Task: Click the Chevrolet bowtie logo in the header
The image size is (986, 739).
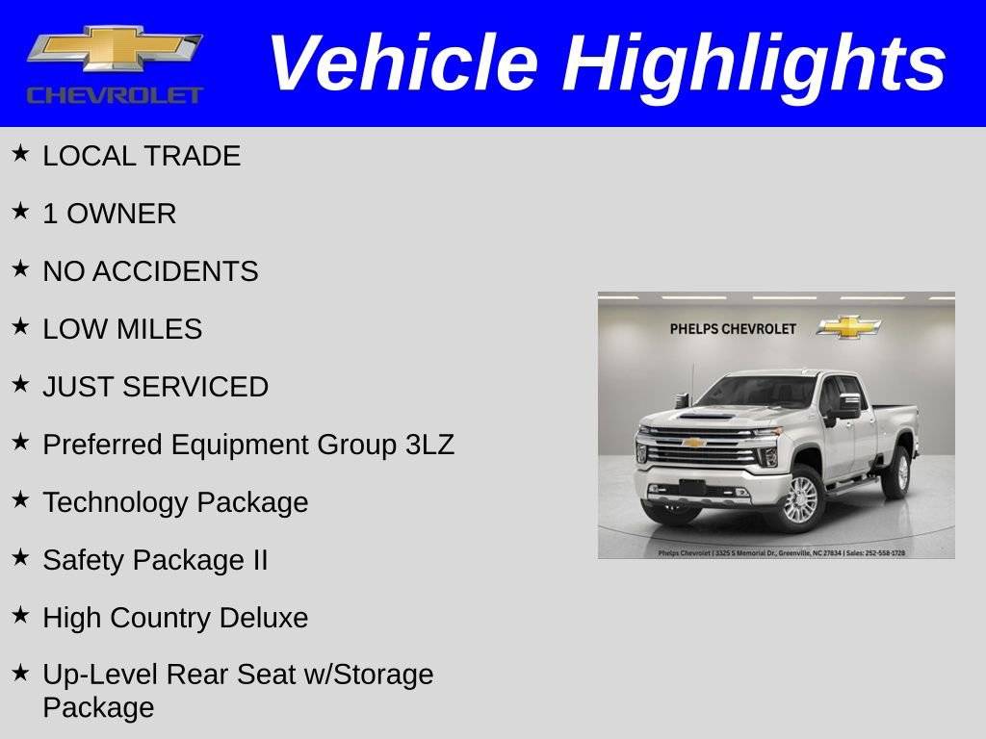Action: coord(114,48)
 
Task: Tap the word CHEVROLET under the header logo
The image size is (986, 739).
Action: coord(115,95)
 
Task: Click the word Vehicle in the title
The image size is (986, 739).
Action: coord(402,64)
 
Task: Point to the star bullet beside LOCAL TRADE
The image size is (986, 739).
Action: coord(20,153)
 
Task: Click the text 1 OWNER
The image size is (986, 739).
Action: coord(109,214)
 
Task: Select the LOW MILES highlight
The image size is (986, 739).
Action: coord(122,329)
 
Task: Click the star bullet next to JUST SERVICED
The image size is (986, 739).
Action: coord(20,384)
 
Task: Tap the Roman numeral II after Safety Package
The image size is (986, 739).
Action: coord(259,560)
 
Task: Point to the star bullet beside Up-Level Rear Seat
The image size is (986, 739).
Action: coord(20,672)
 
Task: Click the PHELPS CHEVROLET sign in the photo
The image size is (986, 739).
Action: coord(733,329)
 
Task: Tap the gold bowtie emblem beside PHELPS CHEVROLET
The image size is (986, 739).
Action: coord(848,327)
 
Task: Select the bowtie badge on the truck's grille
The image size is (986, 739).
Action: coord(693,443)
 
